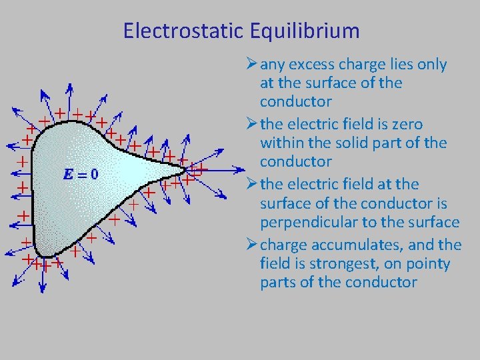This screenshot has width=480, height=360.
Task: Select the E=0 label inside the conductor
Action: click(80, 175)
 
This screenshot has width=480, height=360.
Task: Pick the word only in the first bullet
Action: click(431, 65)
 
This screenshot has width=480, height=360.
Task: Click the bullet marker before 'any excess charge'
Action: click(251, 65)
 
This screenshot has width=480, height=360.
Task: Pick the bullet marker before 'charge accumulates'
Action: click(251, 245)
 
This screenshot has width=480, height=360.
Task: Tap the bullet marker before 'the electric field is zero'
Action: click(251, 125)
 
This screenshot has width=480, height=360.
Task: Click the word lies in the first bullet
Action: click(397, 65)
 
